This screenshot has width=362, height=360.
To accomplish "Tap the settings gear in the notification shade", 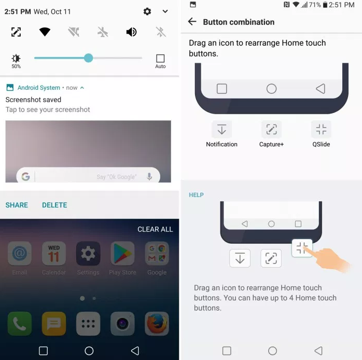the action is click(x=147, y=11).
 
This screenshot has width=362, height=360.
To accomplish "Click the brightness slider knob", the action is click(x=88, y=58).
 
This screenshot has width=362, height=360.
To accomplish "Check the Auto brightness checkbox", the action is click(x=160, y=59).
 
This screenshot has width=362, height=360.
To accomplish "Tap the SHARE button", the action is click(x=17, y=205).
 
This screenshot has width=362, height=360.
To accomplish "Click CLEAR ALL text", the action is click(x=155, y=229).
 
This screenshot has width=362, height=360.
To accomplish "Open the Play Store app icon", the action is click(x=122, y=253).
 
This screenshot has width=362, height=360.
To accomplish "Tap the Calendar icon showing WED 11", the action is click(x=54, y=253).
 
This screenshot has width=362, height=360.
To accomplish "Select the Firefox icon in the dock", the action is click(x=157, y=324).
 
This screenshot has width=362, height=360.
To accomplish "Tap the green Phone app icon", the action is click(x=20, y=324).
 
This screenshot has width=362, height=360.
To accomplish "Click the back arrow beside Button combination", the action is click(x=192, y=22).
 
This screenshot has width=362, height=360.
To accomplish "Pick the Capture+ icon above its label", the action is click(x=271, y=129).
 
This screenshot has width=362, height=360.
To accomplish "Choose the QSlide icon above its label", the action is click(x=321, y=129).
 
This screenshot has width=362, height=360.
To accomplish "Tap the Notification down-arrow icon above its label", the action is click(x=221, y=129).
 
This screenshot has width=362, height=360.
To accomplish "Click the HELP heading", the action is click(x=196, y=195).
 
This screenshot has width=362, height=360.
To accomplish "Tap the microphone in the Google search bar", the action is click(x=149, y=177).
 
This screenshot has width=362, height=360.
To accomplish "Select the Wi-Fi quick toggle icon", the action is click(x=45, y=32).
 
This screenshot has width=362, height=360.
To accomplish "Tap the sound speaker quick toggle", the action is click(x=131, y=32).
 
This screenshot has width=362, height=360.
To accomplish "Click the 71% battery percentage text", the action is click(x=315, y=5).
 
